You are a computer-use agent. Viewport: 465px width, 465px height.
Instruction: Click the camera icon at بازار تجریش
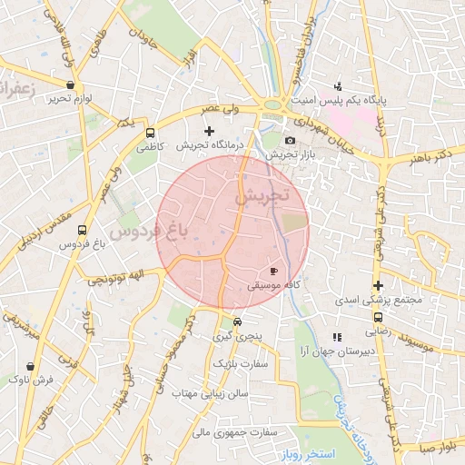click(x=290, y=140)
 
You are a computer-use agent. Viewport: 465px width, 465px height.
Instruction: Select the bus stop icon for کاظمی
click(x=150, y=131)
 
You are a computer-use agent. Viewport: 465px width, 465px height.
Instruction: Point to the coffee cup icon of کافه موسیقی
click(x=273, y=271)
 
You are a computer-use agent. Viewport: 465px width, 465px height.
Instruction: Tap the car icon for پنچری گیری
click(x=237, y=322)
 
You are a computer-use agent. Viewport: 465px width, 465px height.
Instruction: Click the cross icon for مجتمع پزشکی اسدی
click(x=378, y=284)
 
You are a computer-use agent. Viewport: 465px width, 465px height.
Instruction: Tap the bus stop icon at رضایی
click(x=378, y=317)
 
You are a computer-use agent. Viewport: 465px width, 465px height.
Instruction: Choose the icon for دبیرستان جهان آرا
click(x=338, y=337)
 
